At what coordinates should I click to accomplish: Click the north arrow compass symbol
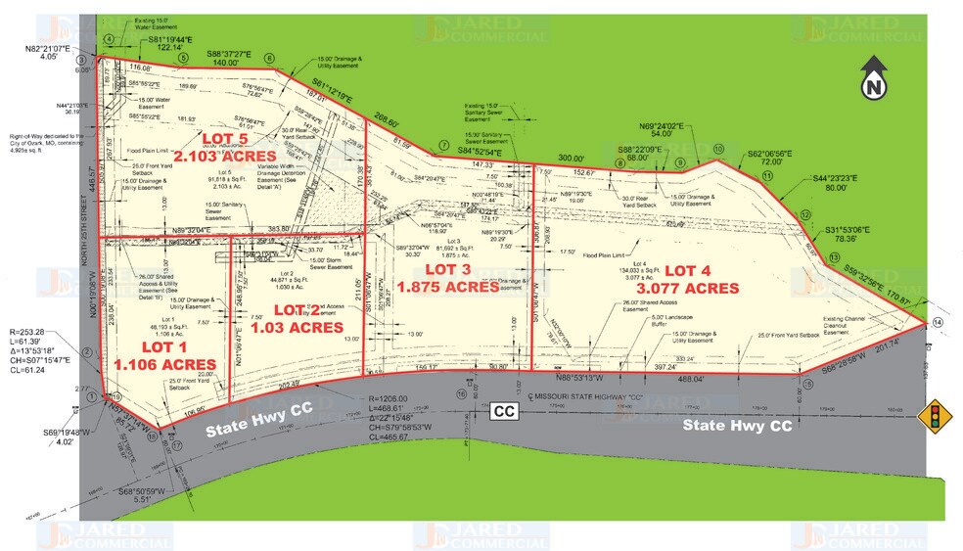click(874, 77)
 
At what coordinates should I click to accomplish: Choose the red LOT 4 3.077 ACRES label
click(700, 278)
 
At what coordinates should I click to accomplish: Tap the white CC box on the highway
click(504, 412)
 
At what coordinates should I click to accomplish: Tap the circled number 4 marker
click(110, 39)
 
